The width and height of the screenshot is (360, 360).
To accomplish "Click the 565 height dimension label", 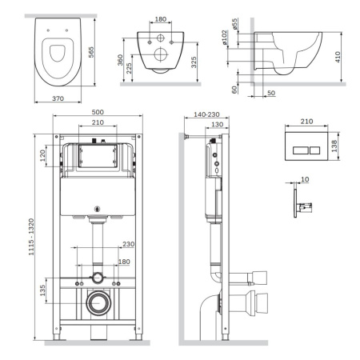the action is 91,52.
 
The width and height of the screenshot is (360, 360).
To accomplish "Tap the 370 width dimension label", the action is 58,98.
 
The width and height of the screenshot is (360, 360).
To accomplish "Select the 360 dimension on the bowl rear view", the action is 120,60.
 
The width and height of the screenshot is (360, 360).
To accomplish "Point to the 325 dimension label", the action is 194,62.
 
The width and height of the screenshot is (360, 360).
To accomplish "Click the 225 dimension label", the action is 129,69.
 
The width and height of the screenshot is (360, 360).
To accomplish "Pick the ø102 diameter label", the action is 225,37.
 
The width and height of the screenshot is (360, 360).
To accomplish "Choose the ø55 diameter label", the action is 234,24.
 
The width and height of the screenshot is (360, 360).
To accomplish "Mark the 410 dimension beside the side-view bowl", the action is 338,57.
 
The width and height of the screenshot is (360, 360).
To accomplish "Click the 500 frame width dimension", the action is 98,112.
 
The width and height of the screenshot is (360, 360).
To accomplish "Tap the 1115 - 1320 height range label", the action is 31,237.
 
